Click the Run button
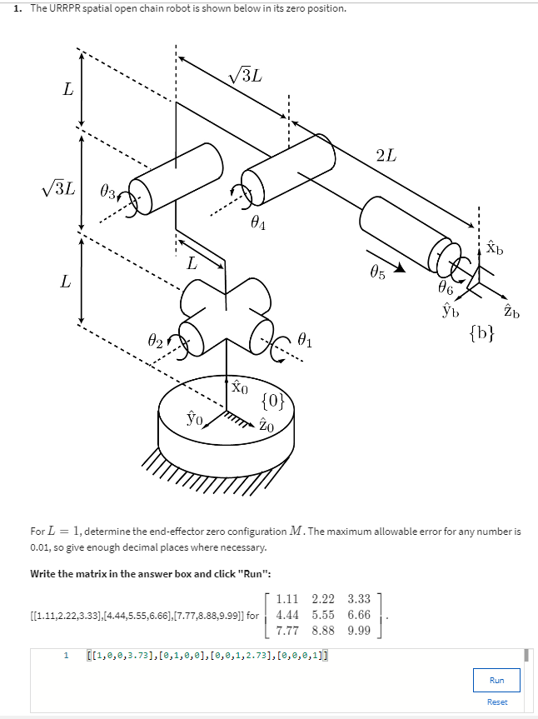[496, 680]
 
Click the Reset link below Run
[496, 702]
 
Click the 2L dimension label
[386, 154]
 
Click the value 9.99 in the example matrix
[360, 630]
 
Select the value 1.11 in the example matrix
[286, 598]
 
